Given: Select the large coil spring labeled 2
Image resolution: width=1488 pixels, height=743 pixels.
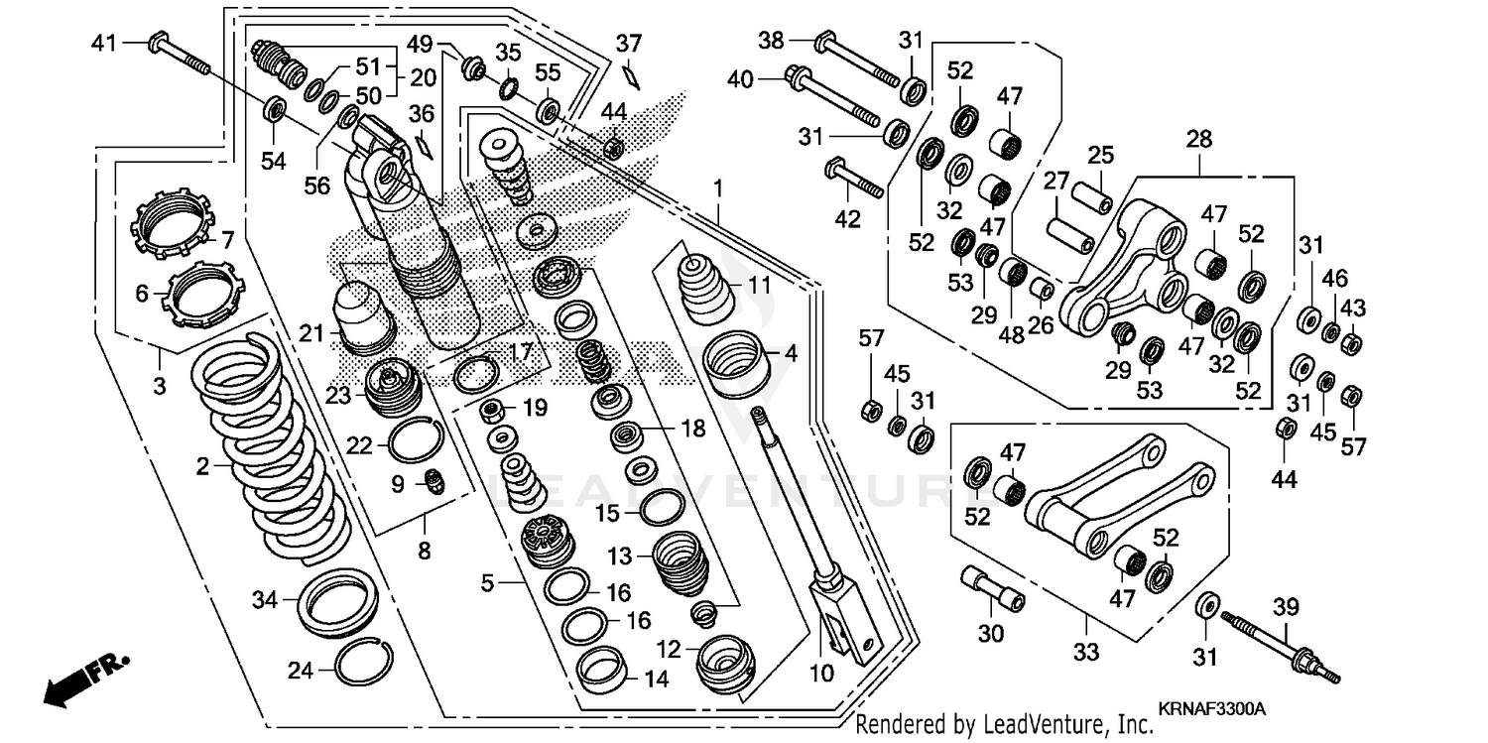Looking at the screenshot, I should [x=273, y=446].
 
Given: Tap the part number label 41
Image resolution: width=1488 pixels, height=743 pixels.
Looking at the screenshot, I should [x=104, y=43].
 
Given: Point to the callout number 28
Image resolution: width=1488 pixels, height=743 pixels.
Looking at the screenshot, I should [x=1198, y=140].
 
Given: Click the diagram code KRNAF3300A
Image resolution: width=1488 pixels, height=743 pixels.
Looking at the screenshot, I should [x=1211, y=709].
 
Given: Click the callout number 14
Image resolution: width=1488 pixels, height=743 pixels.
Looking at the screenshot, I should [x=656, y=680].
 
